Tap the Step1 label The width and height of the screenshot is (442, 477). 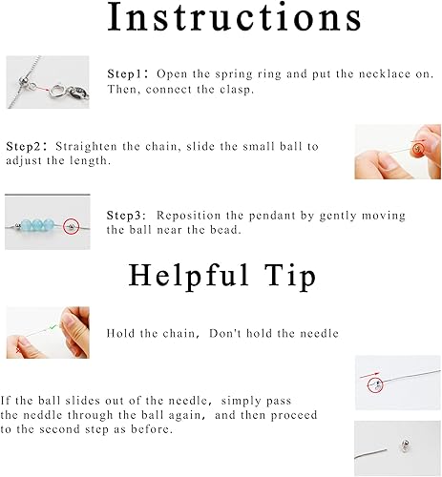(126, 73)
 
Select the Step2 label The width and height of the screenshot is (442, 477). (26, 146)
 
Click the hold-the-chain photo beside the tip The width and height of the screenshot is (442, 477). (48, 332)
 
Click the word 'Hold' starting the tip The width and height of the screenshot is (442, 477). (123, 332)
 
